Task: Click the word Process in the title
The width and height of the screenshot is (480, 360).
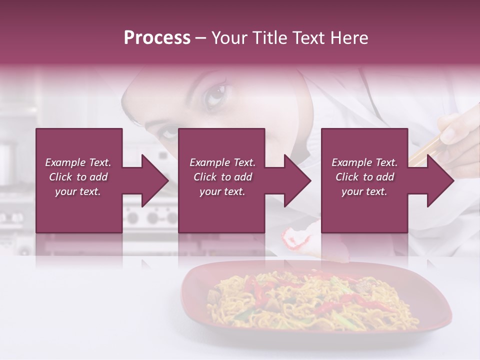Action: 157,38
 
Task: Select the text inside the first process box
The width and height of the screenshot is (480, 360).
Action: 78,177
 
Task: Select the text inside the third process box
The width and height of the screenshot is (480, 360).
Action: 364,177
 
